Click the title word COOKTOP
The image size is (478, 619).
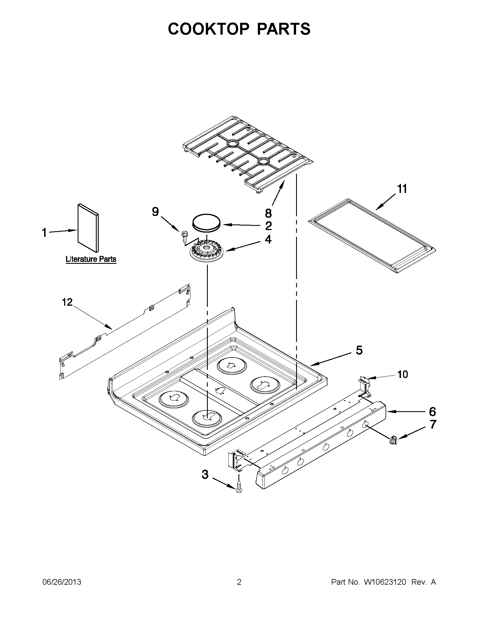(x=209, y=29)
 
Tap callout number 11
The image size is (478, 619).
(x=402, y=189)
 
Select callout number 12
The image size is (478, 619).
(x=67, y=302)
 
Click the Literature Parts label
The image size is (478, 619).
(x=91, y=259)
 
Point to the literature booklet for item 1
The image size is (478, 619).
(x=88, y=228)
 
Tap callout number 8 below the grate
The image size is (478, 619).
(x=268, y=213)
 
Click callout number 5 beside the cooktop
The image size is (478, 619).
(x=359, y=351)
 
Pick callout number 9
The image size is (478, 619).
(x=155, y=212)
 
